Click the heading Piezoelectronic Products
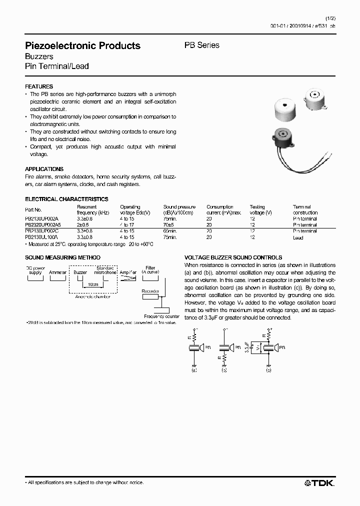click(x=82, y=45)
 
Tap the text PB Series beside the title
click(x=202, y=45)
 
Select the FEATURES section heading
click(x=39, y=86)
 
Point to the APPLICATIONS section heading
click(x=44, y=169)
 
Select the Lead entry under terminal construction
click(x=298, y=237)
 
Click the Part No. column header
click(x=33, y=210)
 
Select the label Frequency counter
click(x=161, y=316)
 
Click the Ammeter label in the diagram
click(x=57, y=272)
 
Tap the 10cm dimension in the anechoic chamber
click(x=93, y=284)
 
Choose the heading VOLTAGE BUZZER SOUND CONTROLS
click(x=233, y=257)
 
